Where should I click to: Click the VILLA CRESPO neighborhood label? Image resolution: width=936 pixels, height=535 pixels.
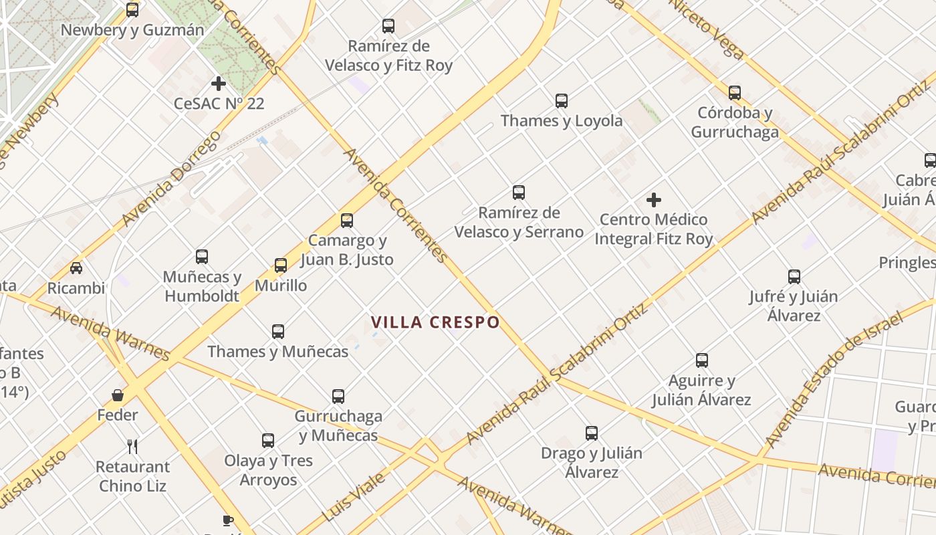click(435, 322)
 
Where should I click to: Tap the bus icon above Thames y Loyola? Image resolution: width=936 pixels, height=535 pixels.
click(562, 101)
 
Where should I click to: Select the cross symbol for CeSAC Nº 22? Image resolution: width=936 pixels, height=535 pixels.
click(219, 84)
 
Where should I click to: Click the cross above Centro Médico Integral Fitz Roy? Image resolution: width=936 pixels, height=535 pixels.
click(654, 200)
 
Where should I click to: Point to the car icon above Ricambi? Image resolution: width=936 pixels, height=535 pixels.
click(76, 268)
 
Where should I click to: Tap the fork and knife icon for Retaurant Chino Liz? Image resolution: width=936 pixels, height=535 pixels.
click(132, 446)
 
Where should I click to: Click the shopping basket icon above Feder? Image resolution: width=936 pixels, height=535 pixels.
click(118, 395)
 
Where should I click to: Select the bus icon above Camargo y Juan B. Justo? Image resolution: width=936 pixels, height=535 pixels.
click(346, 221)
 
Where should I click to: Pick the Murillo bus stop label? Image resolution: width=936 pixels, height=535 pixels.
click(281, 286)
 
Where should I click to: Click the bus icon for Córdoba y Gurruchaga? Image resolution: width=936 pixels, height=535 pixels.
click(735, 93)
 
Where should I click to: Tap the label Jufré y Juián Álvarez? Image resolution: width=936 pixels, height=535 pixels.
click(794, 306)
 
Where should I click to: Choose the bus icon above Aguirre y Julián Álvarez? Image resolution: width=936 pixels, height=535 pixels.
click(702, 360)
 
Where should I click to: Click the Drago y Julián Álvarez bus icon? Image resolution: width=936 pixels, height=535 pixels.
click(592, 433)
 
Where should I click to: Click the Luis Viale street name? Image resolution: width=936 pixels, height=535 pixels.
click(354, 497)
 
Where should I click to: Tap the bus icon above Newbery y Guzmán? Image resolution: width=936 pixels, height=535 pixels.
click(132, 10)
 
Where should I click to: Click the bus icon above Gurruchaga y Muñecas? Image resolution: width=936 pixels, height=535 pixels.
click(338, 397)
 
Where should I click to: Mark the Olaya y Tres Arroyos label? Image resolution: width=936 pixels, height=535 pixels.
click(268, 470)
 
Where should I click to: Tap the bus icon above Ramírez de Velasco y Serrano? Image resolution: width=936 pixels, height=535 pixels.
click(519, 193)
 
